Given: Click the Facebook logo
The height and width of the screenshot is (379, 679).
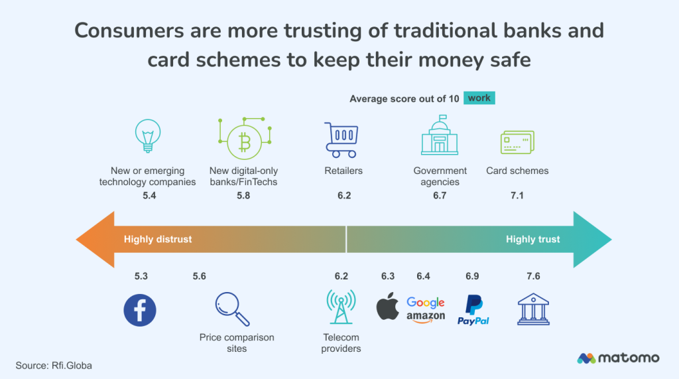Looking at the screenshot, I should [140, 310].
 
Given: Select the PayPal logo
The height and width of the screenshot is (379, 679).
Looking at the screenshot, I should [473, 310].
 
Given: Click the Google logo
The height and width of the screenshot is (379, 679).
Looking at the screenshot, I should [425, 303].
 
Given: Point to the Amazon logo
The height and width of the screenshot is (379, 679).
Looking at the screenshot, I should [426, 317].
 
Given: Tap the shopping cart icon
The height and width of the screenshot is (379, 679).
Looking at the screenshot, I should [340, 139].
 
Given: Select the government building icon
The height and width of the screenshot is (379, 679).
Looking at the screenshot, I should [439, 135].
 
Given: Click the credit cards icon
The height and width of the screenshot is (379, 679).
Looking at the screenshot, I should [517, 141].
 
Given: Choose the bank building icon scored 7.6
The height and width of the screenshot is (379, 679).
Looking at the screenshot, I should [533, 309].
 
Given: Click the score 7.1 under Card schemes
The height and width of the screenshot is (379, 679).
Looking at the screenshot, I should [517, 196].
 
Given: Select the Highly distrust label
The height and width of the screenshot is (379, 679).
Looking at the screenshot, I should [158, 239].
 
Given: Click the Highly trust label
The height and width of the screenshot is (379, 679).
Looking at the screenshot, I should [532, 239].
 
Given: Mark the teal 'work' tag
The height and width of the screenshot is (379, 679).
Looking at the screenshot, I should [479, 98].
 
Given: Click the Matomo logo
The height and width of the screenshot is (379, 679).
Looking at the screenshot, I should [618, 358].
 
